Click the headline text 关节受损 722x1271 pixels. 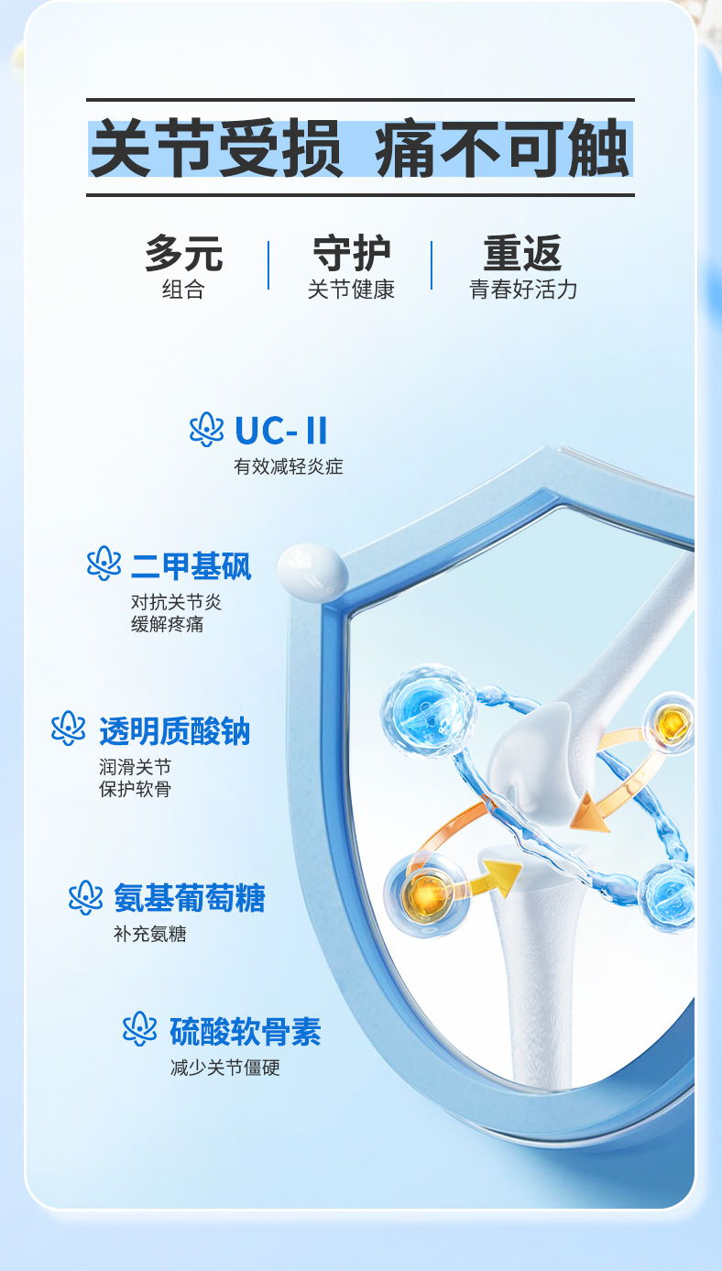coord(216,148)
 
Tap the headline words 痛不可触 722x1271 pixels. coord(502,148)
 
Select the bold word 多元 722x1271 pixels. coord(184,253)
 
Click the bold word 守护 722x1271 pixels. coord(352,253)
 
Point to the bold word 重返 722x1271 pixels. coord(522,253)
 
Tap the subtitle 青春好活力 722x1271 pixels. coord(523,290)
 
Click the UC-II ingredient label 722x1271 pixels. coord(280,430)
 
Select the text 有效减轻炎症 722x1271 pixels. coord(288,466)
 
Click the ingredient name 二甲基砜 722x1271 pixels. coord(191,565)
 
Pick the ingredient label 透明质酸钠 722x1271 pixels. coord(174,731)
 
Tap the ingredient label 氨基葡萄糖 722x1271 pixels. coord(190,898)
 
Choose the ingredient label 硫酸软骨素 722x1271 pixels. coord(245,1031)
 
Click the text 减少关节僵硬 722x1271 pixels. coord(225,1068)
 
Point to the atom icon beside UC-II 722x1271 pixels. coord(206,429)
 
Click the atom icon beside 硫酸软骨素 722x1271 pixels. coord(139,1028)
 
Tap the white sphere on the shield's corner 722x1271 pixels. coord(312,570)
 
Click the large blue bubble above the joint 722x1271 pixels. coord(428,710)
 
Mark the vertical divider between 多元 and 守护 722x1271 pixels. coord(268,265)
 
